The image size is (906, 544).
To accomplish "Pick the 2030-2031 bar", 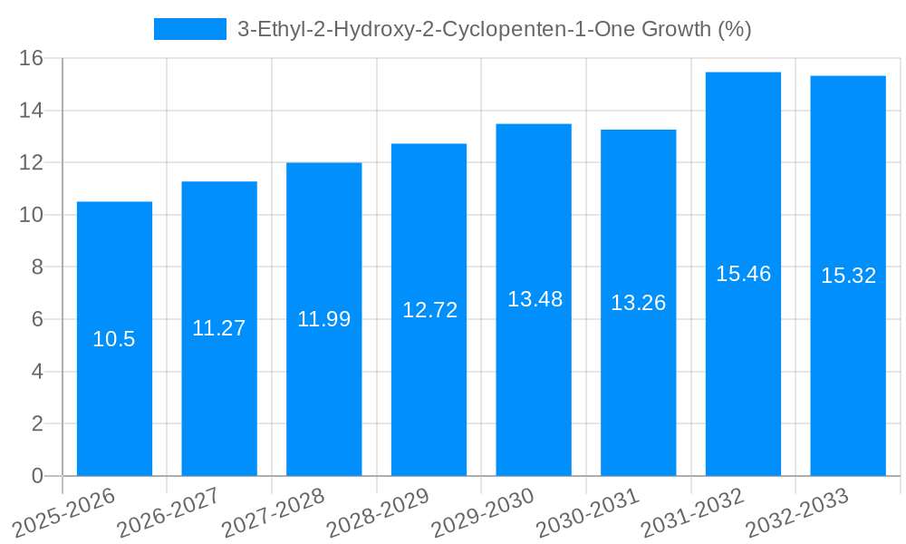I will pyautogui.click(x=638, y=381).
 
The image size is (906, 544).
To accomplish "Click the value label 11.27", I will pyautogui.click(x=219, y=328).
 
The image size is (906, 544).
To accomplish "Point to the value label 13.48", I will pyautogui.click(x=535, y=299).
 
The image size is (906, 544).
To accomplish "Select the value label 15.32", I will pyautogui.click(x=848, y=277).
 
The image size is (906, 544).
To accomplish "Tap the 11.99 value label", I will pyautogui.click(x=324, y=319).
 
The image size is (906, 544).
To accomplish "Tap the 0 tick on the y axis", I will pyautogui.click(x=37, y=476).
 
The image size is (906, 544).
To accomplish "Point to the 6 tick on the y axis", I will pyautogui.click(x=37, y=320).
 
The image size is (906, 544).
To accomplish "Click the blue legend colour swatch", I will pyautogui.click(x=190, y=29).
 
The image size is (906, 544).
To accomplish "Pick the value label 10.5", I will pyautogui.click(x=114, y=340).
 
